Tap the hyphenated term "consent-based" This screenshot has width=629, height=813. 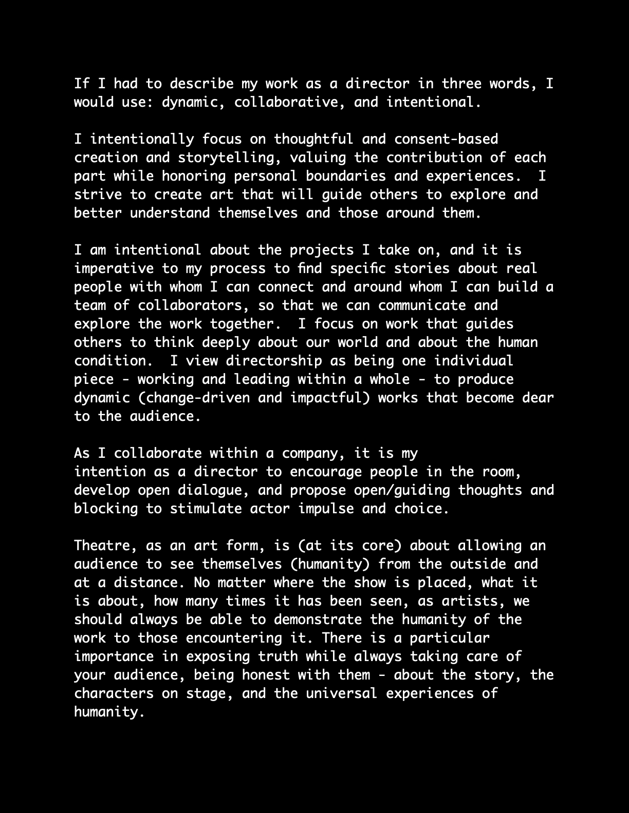coord(446,139)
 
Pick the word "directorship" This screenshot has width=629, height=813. coord(273,360)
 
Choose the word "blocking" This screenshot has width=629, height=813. coord(106,508)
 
